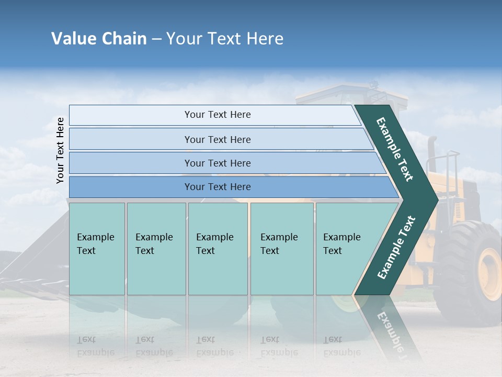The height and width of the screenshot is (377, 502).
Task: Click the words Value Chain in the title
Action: tap(99, 39)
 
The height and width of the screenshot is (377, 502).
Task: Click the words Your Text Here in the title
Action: tap(225, 39)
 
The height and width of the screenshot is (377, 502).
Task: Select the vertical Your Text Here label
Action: tap(60, 150)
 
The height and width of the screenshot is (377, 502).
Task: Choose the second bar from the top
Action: tap(218, 139)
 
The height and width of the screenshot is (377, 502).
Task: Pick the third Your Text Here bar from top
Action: tap(218, 163)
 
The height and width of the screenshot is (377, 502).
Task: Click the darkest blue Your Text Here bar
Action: tap(218, 187)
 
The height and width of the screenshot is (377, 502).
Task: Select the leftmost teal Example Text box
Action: tap(97, 248)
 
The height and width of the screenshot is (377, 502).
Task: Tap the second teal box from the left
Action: tap(156, 248)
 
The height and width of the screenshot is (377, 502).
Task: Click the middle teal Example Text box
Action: tap(218, 248)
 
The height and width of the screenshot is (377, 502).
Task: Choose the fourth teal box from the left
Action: tap(281, 248)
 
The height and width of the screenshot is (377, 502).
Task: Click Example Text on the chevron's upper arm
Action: tap(395, 150)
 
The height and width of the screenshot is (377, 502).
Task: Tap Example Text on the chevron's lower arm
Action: tap(396, 247)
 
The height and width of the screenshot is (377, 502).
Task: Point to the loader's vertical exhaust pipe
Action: tap(432, 154)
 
